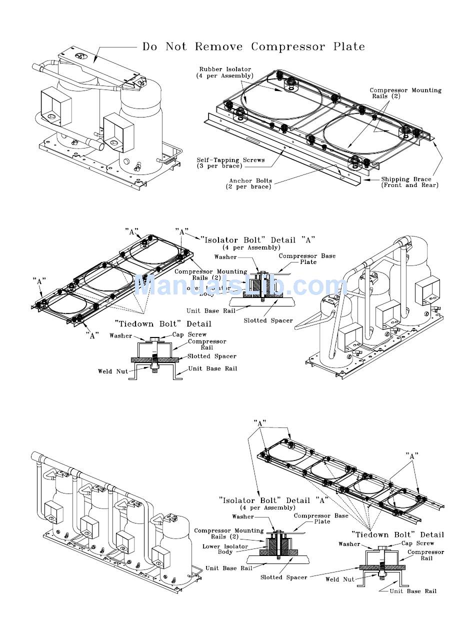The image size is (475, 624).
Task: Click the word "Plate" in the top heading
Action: coord(349,47)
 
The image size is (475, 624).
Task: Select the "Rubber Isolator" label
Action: coord(225,72)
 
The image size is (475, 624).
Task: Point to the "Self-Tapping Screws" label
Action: coord(230,163)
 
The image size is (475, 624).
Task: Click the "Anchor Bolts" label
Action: coord(250,183)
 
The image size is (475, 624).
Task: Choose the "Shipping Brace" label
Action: coord(409,182)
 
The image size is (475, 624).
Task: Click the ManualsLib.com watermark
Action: coord(240,286)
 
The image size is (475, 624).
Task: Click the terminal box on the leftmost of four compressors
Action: coord(52,510)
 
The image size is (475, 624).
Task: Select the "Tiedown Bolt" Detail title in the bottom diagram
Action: coord(397,534)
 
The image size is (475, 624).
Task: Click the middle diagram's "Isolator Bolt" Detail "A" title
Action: coord(258,240)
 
